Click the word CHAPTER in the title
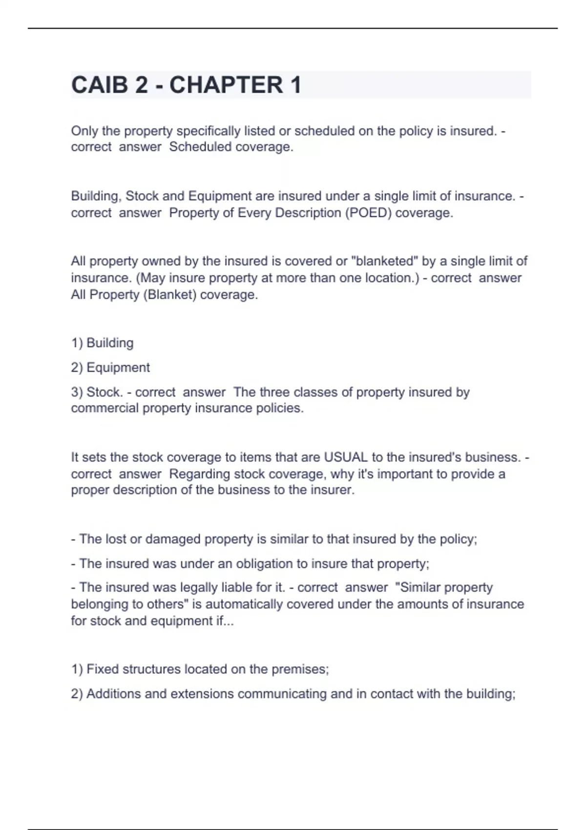pyautogui.click(x=226, y=85)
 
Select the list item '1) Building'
pyautogui.click(x=102, y=343)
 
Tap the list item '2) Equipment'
pyautogui.click(x=110, y=368)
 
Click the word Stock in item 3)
pyautogui.click(x=103, y=392)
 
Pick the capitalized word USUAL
pyautogui.click(x=346, y=457)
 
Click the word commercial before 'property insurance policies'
pyautogui.click(x=105, y=408)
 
